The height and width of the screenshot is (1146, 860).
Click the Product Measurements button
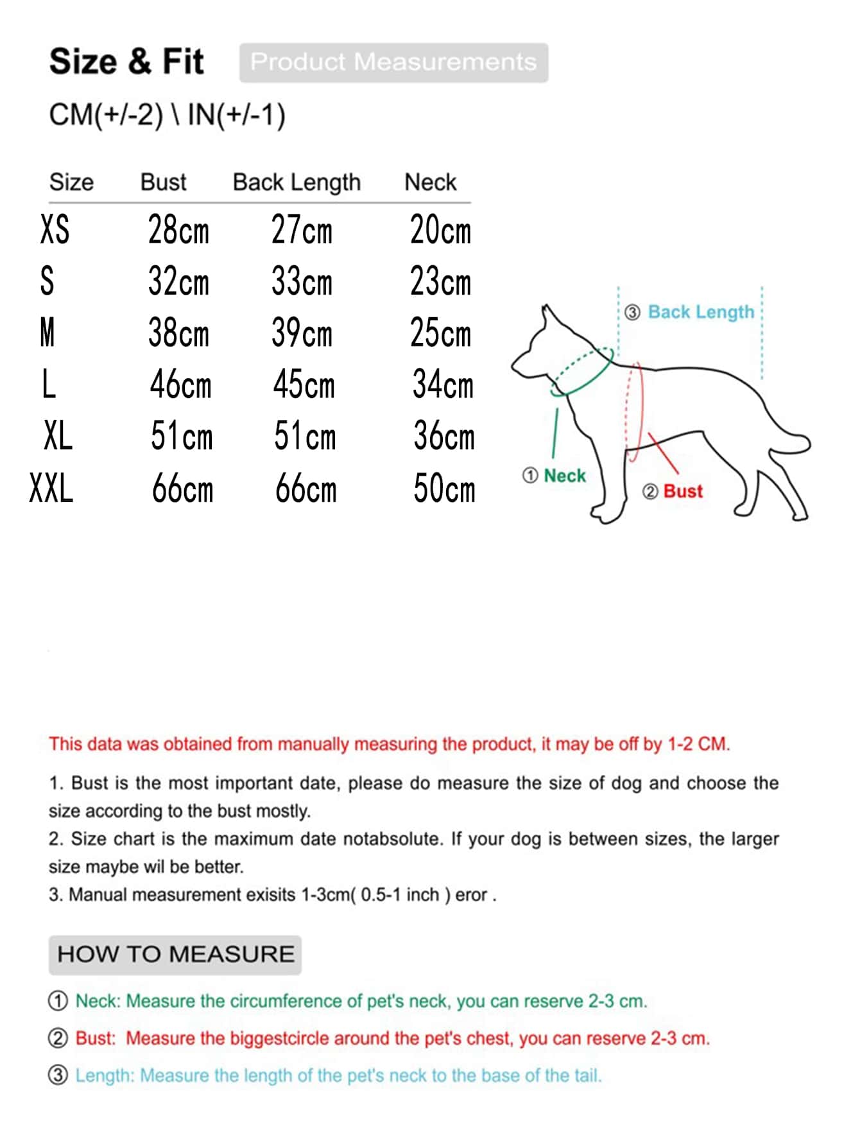pos(393,62)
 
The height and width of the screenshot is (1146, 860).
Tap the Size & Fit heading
pos(126,62)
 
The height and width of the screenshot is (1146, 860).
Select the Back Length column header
pos(297,182)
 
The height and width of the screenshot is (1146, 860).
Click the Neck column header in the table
pos(430,182)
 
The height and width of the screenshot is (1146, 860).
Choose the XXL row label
pos(51,488)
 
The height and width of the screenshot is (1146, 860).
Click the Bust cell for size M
pos(178,333)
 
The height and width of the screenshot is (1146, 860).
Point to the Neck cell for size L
pos(443,385)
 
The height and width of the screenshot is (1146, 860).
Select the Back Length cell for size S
pos(302,281)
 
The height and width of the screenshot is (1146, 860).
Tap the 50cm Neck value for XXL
pos(444,489)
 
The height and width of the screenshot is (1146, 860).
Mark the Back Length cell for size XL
pos(305,436)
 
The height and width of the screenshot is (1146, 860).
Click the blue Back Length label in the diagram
pos(701,312)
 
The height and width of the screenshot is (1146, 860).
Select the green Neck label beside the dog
pos(565,476)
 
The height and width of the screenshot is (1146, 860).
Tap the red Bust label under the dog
pos(683,491)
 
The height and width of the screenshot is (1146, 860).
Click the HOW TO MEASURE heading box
pos(175,955)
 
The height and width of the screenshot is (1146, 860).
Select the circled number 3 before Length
pos(58,1075)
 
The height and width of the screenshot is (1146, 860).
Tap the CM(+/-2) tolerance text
pos(106,116)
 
